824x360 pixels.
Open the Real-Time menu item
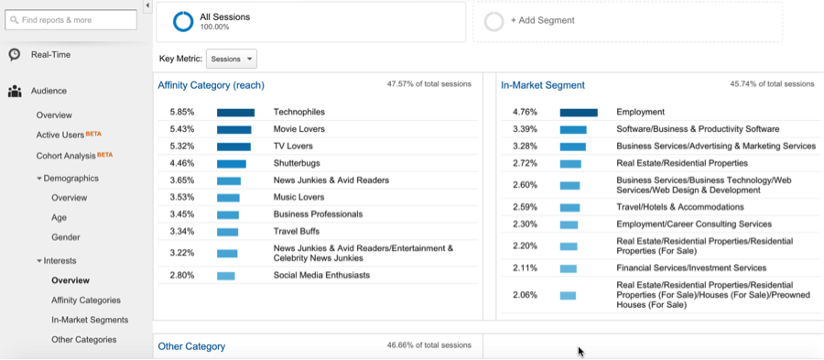click(x=50, y=55)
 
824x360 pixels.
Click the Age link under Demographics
click(x=59, y=218)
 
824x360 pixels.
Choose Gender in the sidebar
click(x=66, y=237)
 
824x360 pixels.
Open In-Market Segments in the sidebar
click(x=90, y=320)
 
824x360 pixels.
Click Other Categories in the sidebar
click(x=83, y=340)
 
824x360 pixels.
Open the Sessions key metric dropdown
click(x=232, y=59)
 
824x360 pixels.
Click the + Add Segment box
click(x=627, y=20)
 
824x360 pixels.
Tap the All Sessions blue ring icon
click(x=183, y=21)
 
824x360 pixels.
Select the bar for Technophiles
click(x=235, y=113)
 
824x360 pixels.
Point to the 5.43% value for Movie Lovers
click(x=182, y=129)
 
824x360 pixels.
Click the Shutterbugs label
click(x=297, y=163)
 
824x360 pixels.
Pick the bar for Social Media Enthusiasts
click(x=226, y=276)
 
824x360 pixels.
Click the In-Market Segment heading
click(x=543, y=85)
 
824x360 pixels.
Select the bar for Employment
click(x=579, y=113)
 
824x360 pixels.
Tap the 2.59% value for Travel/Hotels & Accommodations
click(x=525, y=207)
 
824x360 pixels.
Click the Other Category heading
click(x=191, y=346)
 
